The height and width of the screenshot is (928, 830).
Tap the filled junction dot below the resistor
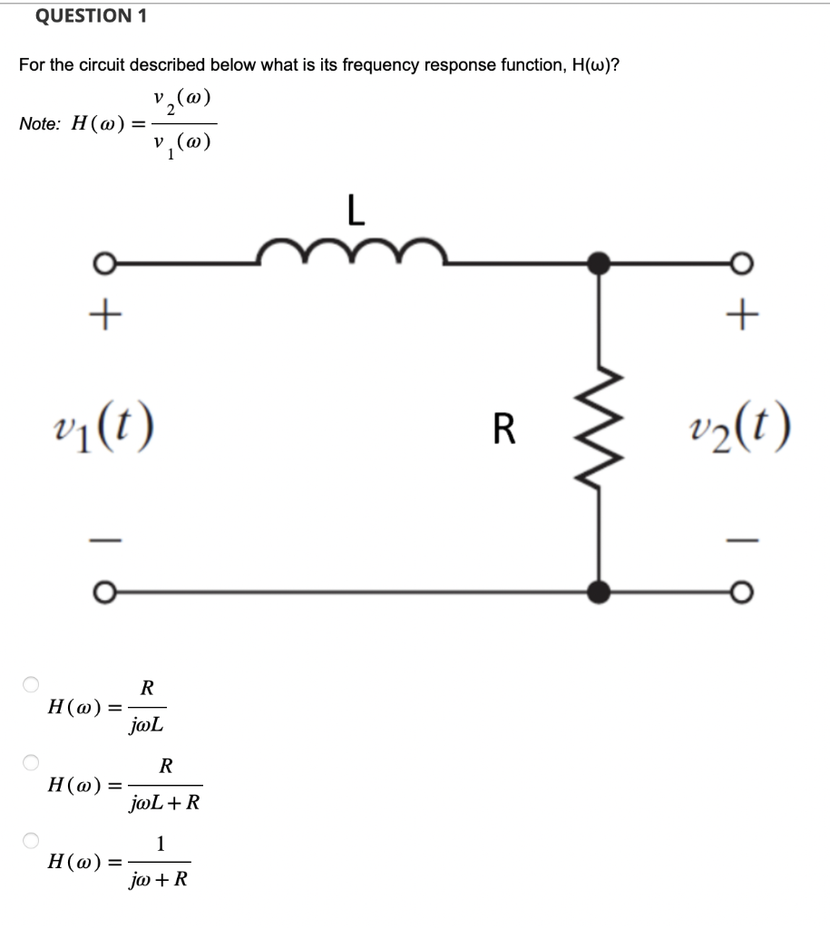coord(598,593)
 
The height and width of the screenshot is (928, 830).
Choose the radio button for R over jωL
coord(32,683)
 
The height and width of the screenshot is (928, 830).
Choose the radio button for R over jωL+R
coord(32,762)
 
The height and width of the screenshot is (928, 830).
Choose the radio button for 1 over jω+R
coord(32,840)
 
